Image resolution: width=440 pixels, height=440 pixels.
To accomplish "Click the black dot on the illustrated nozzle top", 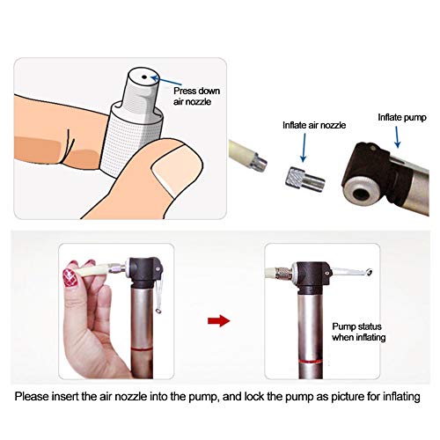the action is (x=144, y=77).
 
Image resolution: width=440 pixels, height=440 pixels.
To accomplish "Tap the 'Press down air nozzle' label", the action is (x=196, y=96).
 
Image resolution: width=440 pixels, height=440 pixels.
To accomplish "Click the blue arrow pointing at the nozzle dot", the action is (x=165, y=80).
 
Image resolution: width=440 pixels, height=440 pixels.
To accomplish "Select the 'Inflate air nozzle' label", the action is (x=314, y=125).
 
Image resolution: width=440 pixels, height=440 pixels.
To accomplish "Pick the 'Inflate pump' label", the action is (x=402, y=118).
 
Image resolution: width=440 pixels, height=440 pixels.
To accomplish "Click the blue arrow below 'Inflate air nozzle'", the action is (x=304, y=148).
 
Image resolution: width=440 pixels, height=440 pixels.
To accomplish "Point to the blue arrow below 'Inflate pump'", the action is (x=397, y=137).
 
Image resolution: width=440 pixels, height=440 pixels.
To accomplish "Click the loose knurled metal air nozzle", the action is (x=305, y=180).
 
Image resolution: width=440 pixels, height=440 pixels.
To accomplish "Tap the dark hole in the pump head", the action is (x=361, y=194).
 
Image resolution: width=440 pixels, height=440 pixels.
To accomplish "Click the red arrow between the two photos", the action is (x=219, y=321).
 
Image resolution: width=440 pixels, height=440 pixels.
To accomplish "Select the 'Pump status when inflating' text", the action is (x=359, y=332).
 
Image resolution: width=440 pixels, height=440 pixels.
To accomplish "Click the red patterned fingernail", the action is (x=70, y=277).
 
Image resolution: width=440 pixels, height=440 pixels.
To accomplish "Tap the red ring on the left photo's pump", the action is (x=142, y=349).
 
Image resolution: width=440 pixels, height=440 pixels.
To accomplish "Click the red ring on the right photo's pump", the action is (x=311, y=362).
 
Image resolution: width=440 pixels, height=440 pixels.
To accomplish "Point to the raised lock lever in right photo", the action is (x=352, y=272).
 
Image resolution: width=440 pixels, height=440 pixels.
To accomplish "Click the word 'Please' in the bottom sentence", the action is (x=32, y=397).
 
